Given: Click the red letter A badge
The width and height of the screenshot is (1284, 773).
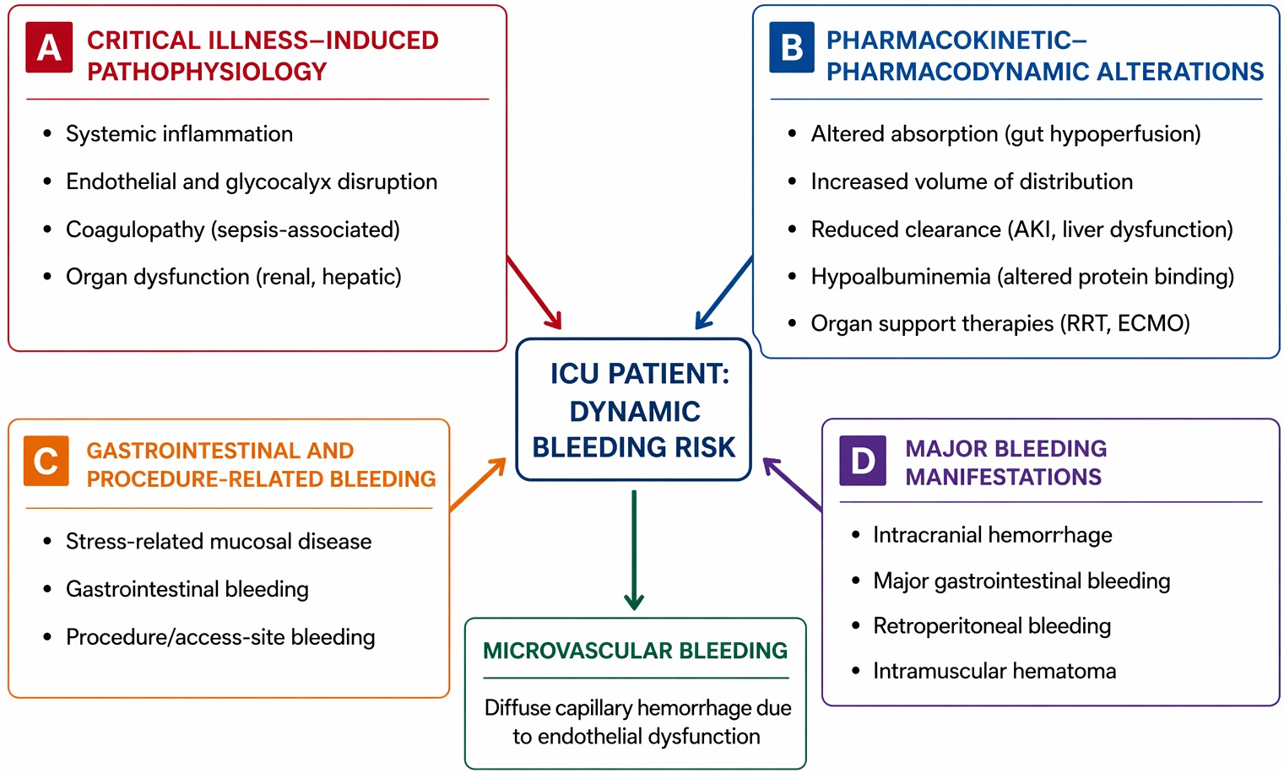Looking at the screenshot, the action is tap(49, 47).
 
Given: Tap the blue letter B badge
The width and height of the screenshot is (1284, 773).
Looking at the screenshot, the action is tap(792, 47).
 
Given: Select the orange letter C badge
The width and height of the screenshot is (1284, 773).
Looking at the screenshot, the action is tap(46, 461).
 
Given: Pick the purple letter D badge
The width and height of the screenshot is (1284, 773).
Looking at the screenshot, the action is tap(863, 461).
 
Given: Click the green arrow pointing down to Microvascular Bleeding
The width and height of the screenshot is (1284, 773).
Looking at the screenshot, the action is tap(634, 550).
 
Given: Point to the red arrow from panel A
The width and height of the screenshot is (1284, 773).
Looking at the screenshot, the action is tap(534, 292).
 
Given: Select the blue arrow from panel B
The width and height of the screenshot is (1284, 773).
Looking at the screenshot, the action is tap(724, 292).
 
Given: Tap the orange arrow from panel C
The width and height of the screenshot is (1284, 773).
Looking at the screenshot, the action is tap(478, 484).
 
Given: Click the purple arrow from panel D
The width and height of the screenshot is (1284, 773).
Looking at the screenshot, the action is tap(793, 484).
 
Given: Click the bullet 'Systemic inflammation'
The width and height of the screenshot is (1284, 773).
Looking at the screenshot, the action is tap(180, 134).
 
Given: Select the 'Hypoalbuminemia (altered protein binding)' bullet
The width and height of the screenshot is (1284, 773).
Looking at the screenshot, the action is tap(1022, 277).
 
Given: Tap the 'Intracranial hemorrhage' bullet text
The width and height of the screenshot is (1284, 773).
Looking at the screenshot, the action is tap(993, 535).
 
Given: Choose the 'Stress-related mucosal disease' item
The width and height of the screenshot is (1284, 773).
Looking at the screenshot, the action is tap(219, 542).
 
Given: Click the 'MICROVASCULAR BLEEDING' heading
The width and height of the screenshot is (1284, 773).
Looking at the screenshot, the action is tap(635, 651).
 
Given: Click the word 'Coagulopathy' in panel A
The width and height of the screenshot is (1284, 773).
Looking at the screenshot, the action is tap(135, 230).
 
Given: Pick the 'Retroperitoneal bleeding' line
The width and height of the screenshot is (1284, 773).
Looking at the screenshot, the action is tap(992, 625).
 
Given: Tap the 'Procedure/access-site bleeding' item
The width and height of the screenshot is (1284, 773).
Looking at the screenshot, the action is tap(220, 637).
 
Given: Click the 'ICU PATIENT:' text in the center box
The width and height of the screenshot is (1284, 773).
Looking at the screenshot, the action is tap(640, 374).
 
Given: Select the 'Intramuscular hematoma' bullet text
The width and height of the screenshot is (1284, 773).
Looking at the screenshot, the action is tap(994, 671).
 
